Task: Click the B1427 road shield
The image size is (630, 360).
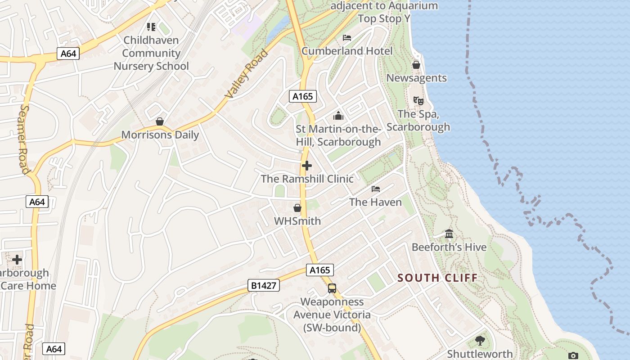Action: point(263,285)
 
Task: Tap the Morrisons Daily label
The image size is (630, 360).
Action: point(160,135)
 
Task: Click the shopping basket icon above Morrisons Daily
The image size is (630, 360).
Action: point(159,121)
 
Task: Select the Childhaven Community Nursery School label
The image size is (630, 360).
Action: point(151,53)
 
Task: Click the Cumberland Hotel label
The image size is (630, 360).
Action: point(347,51)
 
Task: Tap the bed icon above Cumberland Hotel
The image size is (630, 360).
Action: point(347,37)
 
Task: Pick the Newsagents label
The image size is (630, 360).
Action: point(416,78)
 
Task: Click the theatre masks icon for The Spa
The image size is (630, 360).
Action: point(418,101)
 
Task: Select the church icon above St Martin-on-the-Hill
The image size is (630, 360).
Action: point(338,116)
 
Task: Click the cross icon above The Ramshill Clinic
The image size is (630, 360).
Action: point(307,166)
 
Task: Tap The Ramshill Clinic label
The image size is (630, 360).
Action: point(307,179)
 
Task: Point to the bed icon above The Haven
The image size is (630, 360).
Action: point(376,189)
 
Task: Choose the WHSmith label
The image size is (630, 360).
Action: point(297,221)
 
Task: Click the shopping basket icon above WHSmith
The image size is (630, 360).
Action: point(297,208)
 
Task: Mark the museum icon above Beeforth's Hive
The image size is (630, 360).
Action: point(449,234)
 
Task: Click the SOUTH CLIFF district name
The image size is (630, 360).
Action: point(437,278)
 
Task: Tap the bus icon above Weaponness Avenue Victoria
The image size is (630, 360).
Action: point(332,288)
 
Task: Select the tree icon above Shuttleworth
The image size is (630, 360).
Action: point(480,341)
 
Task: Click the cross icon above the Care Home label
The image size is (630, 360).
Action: point(17,260)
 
